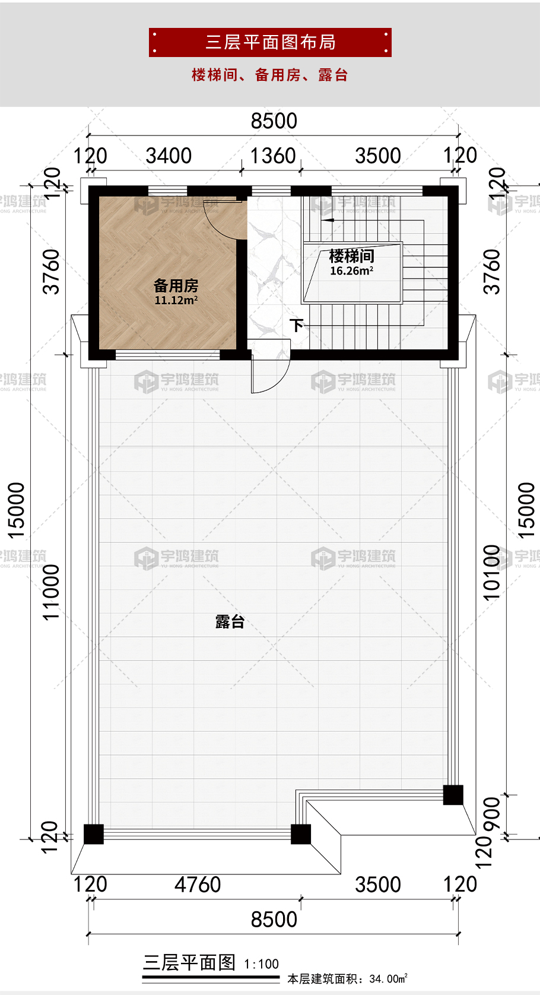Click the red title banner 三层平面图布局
coord(270,42)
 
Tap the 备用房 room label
coord(176,285)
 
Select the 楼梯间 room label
coord(351,256)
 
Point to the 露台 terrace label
coord(230,622)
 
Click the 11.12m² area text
coord(176,300)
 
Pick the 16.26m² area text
coord(351,271)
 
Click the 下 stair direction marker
coord(296,326)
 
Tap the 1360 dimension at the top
coord(273,156)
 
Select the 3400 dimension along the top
coord(169,156)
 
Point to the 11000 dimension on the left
coord(51,592)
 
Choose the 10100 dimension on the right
coord(491,573)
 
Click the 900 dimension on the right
coord(491,814)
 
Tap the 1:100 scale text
coord(261,964)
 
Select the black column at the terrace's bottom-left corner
coord(94,834)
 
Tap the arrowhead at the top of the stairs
coord(327,220)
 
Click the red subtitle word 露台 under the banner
coord(333,75)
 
